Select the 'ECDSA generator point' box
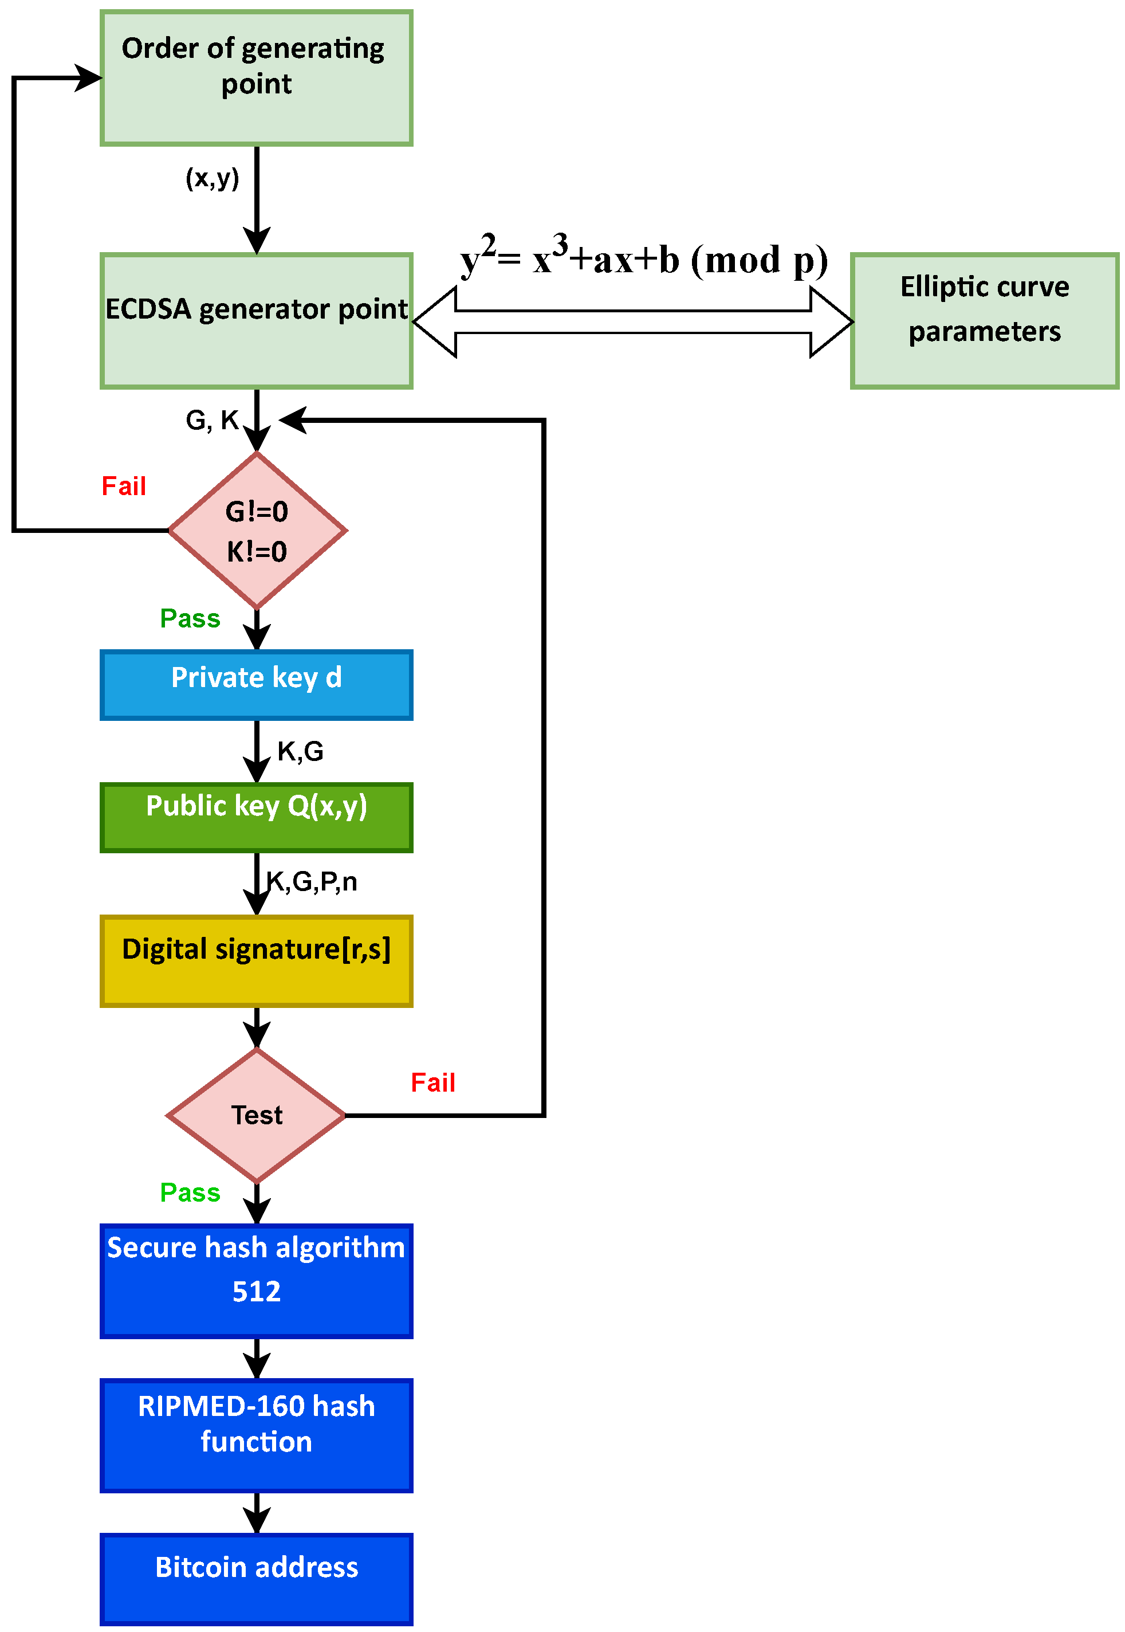click(257, 321)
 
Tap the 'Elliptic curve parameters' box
click(985, 321)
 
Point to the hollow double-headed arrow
click(633, 322)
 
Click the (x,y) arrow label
click(212, 178)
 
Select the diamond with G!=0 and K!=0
click(257, 530)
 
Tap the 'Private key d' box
click(257, 685)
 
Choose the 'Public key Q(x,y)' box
click(257, 818)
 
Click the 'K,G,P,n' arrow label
click(312, 881)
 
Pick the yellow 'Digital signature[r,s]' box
click(257, 961)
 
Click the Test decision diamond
click(257, 1115)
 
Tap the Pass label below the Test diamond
click(190, 1192)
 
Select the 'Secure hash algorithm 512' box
click(257, 1281)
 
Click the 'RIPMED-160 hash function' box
click(257, 1435)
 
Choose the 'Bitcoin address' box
click(257, 1580)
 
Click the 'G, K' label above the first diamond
click(212, 420)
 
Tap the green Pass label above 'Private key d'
click(190, 618)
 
